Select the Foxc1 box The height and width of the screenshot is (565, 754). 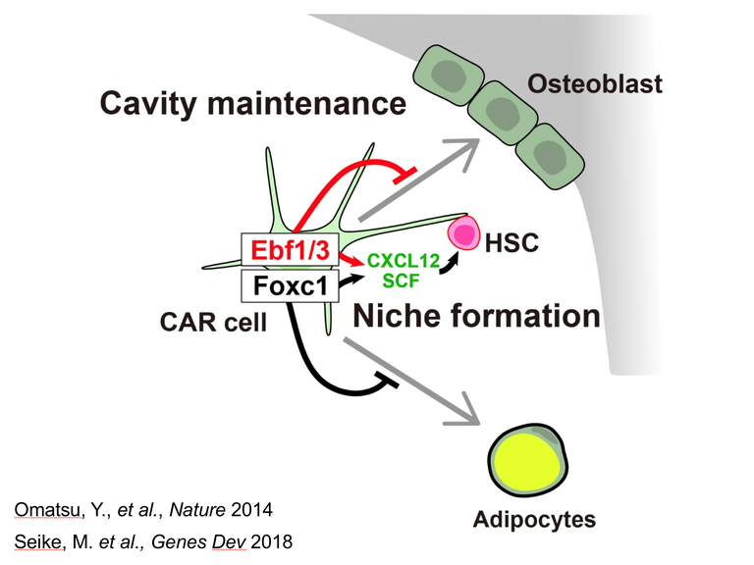tap(290, 286)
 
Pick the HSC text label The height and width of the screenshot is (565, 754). tap(511, 241)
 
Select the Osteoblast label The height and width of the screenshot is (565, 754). tap(595, 84)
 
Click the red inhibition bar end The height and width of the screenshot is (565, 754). tap(401, 177)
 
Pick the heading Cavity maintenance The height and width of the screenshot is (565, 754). tap(252, 103)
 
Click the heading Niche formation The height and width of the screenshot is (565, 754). tap(476, 316)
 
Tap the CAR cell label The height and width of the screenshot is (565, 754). tap(214, 321)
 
